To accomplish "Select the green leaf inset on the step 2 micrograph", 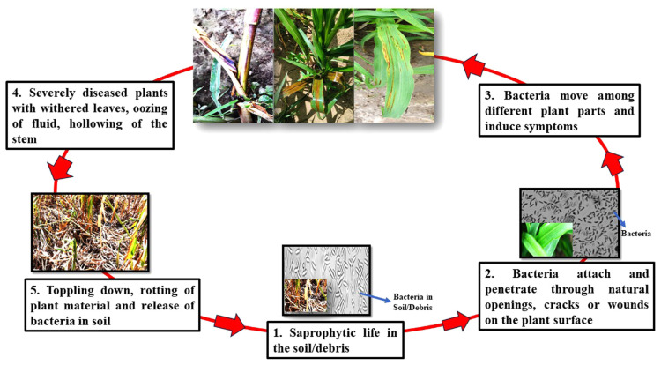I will click(547, 241).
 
